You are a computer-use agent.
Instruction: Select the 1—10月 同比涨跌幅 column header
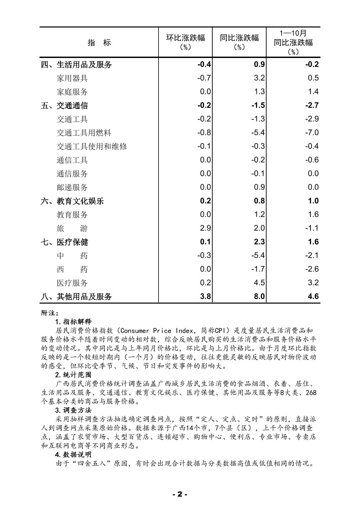(x=293, y=42)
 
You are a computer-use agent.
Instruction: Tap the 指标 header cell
(x=99, y=43)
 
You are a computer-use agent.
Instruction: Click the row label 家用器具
(x=72, y=78)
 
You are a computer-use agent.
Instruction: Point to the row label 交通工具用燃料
(x=84, y=133)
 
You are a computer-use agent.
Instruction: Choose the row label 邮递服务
(x=72, y=187)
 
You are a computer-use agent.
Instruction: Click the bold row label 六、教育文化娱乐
(x=72, y=201)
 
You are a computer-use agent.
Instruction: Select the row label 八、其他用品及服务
(x=76, y=297)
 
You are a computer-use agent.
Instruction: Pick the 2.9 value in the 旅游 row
(x=205, y=228)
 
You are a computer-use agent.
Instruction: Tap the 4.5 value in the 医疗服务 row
(x=259, y=282)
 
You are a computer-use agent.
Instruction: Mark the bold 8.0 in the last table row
(x=259, y=296)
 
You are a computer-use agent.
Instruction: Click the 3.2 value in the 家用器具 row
(x=259, y=78)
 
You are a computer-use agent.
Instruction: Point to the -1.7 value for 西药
(x=258, y=269)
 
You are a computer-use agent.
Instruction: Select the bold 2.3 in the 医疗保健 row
(x=259, y=242)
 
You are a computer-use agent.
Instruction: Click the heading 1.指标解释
(x=73, y=322)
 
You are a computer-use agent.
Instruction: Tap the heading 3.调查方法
(x=73, y=410)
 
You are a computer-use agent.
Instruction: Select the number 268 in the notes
(x=311, y=392)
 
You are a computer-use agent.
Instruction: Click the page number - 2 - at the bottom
(x=180, y=494)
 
